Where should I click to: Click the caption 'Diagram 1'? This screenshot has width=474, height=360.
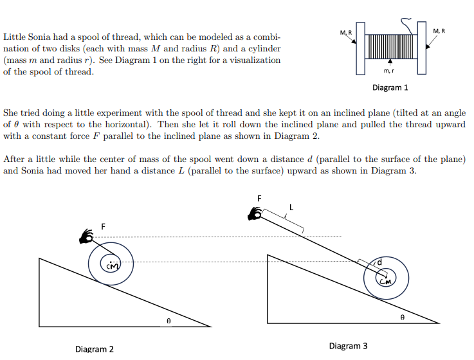click(390, 87)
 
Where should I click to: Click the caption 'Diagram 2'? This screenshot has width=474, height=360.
click(94, 349)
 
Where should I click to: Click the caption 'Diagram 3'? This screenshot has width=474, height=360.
click(348, 346)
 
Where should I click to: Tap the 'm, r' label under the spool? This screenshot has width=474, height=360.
click(389, 70)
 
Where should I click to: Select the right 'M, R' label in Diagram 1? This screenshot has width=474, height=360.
click(439, 31)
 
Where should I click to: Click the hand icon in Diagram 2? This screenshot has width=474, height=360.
click(86, 237)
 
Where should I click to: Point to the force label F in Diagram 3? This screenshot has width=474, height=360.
click(259, 199)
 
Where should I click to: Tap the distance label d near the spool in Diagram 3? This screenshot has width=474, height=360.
click(379, 262)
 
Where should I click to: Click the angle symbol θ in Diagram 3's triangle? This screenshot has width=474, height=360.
click(403, 316)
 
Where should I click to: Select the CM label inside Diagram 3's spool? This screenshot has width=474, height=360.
click(386, 280)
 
